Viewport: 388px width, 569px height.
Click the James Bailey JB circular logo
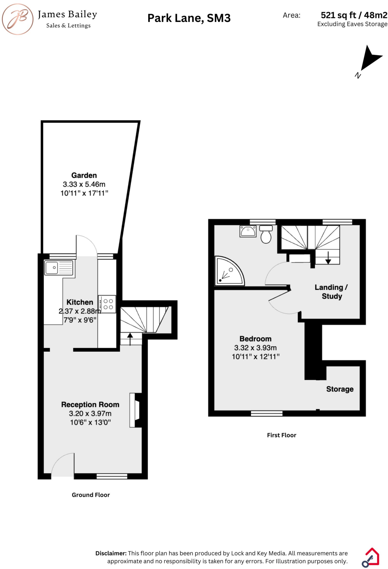pos(17,19)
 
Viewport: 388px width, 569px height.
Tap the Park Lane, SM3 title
pos(189,18)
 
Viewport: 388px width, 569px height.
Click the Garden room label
pos(84,175)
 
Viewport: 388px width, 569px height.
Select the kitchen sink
pos(59,268)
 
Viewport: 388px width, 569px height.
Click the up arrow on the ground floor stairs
pos(130,339)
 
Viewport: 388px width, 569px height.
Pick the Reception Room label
pos(90,405)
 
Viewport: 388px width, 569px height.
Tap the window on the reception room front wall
pos(112,476)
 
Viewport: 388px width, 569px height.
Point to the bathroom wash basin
pos(248,231)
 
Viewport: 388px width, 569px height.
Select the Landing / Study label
pos(331,292)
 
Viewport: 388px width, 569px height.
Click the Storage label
pos(340,389)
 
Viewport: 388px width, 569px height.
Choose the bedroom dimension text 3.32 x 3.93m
pos(255,348)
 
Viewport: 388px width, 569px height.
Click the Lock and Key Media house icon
pos(371,557)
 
